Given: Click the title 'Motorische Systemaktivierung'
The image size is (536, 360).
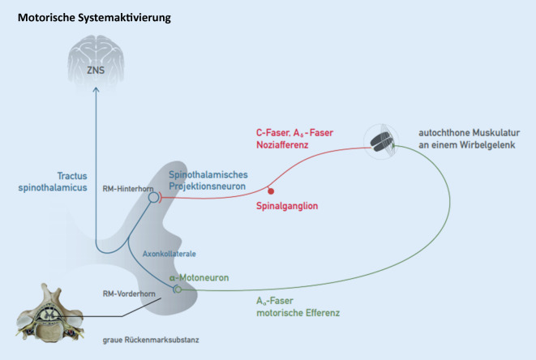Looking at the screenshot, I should tap(94, 16).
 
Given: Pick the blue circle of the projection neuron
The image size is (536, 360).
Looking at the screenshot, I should tap(154, 195).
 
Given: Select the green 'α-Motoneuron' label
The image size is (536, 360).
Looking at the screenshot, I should tap(199, 277).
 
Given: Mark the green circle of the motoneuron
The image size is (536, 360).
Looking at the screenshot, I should tap(176, 288).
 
